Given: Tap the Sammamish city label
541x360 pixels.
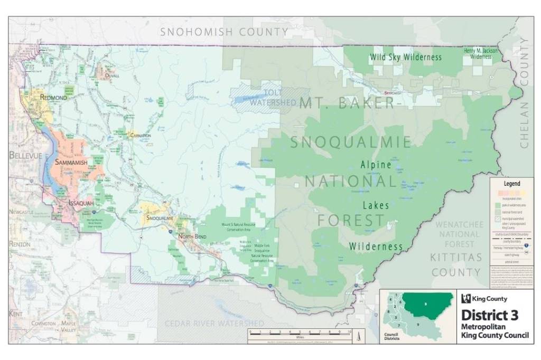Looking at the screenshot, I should (x=71, y=163).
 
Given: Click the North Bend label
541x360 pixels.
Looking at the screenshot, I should (x=192, y=236).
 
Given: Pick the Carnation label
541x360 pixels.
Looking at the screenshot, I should (x=140, y=136).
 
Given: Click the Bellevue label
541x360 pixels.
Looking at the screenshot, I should (x=25, y=155).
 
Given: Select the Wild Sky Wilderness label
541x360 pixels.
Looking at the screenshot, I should (x=406, y=57).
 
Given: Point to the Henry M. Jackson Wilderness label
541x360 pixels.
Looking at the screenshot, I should (x=481, y=53).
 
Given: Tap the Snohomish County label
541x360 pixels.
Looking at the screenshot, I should (x=225, y=32).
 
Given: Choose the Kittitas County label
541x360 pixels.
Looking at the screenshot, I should (x=456, y=265).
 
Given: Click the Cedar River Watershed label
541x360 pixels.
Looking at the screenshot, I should (x=214, y=323).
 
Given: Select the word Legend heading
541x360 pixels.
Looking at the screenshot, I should (x=511, y=184).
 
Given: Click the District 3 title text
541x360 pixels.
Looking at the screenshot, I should (x=490, y=315).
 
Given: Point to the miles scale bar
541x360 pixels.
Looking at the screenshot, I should (x=301, y=333).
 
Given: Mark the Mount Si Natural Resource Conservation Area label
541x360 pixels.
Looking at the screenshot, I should (x=240, y=228).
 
